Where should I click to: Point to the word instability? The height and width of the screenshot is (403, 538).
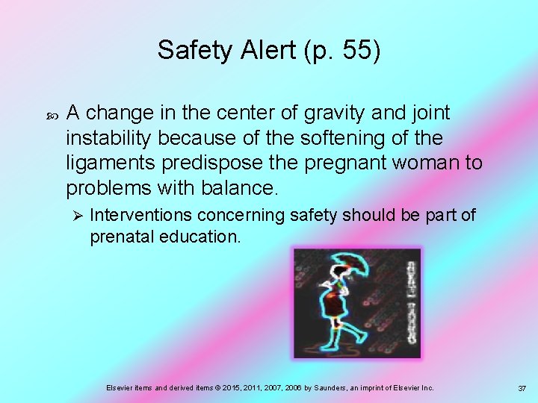[109, 138]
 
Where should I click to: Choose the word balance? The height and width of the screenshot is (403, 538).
[245, 187]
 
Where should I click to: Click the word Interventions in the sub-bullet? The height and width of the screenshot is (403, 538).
[140, 216]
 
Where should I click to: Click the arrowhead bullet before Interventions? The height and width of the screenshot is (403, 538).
[75, 216]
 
